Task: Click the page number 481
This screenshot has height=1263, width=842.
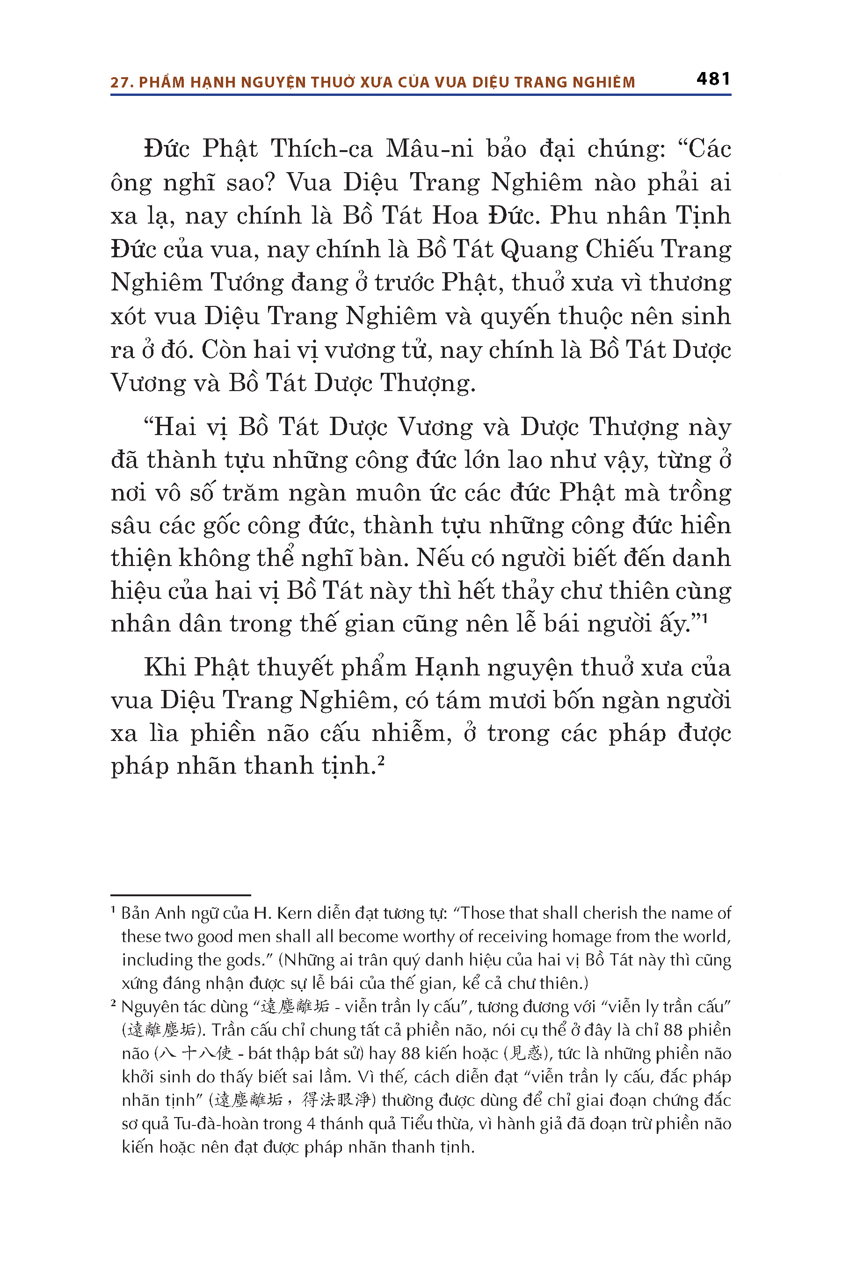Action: pyautogui.click(x=713, y=80)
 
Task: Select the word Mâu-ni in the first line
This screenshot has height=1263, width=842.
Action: pyautogui.click(x=429, y=149)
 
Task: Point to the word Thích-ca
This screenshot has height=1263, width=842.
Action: pyautogui.click(x=322, y=149)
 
